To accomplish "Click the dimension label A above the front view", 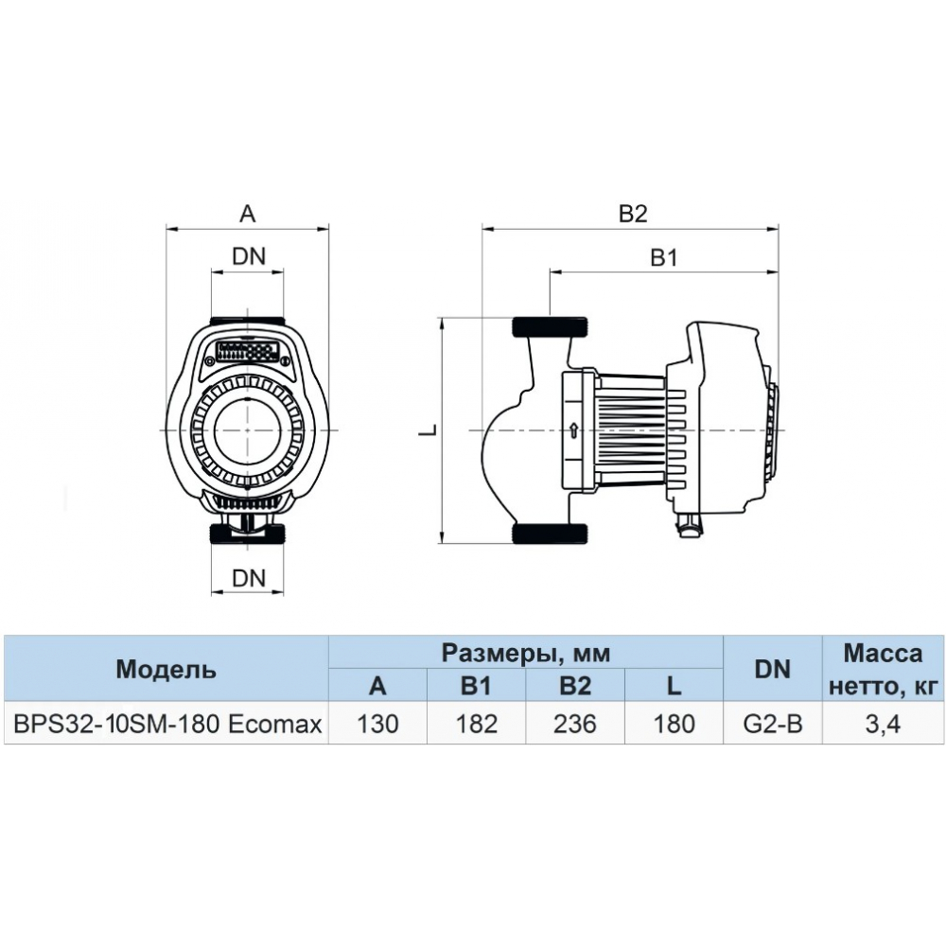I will click(247, 215).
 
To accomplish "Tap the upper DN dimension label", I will click(248, 255).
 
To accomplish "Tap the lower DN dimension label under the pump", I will click(248, 577).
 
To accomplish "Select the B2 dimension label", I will click(632, 215).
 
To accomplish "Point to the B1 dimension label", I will click(663, 258).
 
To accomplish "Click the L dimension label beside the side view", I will click(428, 429).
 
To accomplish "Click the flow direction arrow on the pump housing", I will click(573, 431).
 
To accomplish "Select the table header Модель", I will click(166, 670).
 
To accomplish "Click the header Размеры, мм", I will click(525, 652).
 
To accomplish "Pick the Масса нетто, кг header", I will click(882, 670).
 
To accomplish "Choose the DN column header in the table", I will click(772, 670).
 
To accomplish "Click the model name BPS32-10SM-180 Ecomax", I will click(166, 725).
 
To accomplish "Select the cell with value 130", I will click(377, 725).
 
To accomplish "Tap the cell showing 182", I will click(476, 725).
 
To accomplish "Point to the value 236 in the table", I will click(575, 725).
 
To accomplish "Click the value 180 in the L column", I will click(674, 725).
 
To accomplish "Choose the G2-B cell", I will click(772, 725).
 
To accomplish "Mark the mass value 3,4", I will click(882, 725).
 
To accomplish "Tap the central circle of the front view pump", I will click(248, 431).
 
